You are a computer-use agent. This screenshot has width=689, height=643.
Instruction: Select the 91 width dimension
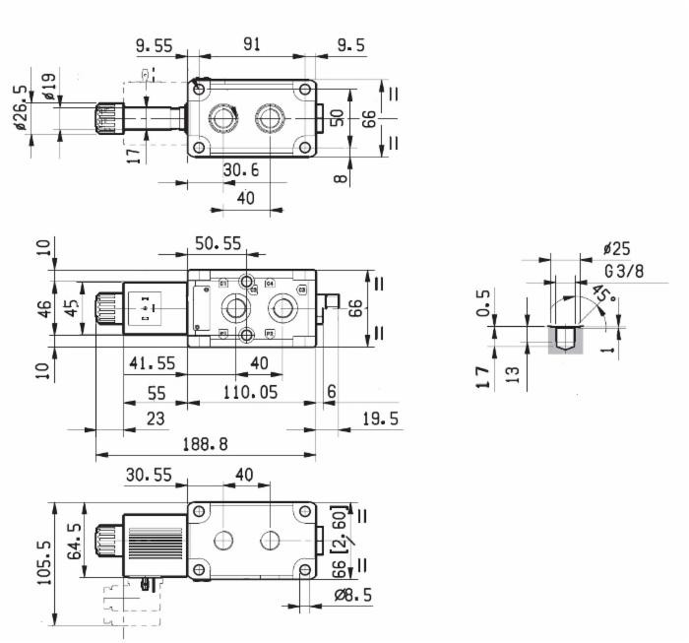tap(251, 45)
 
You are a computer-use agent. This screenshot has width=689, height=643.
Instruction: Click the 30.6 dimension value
tap(240, 170)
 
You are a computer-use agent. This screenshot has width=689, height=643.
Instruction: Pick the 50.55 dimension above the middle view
tap(217, 242)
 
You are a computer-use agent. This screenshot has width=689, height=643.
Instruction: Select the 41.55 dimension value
tap(150, 363)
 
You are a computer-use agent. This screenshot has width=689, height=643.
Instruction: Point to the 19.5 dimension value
tap(379, 419)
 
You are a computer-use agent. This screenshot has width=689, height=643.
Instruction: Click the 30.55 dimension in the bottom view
tap(148, 475)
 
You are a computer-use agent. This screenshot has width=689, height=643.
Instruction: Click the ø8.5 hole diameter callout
tap(352, 596)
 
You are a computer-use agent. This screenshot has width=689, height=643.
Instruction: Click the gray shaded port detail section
tap(565, 341)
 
